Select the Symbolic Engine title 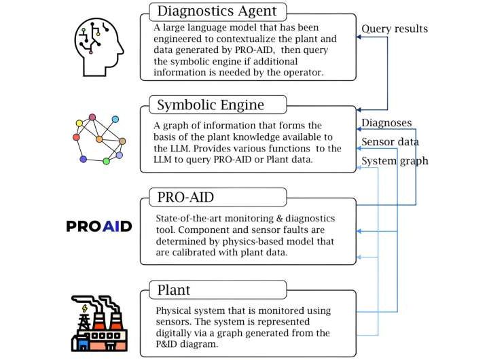[209, 105]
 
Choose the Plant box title [174, 290]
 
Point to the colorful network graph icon [99, 139]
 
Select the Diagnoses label [386, 123]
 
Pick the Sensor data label [389, 142]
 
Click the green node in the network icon [106, 162]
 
